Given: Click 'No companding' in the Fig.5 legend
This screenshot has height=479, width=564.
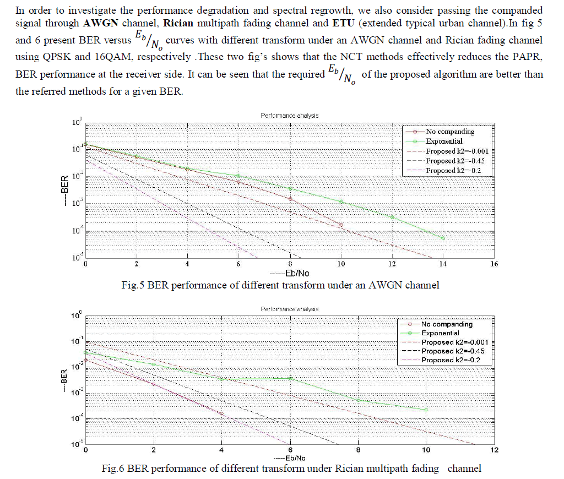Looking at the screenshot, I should [x=450, y=132].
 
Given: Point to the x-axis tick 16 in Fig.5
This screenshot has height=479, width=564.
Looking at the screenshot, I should [x=493, y=264].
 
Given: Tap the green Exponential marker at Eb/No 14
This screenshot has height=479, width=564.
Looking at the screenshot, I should [x=443, y=238].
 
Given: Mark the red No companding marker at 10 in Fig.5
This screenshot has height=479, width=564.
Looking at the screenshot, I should [x=341, y=225].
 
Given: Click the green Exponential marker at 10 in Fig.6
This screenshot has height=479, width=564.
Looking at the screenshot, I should [x=426, y=410].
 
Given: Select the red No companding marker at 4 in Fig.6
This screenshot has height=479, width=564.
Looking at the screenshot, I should [x=221, y=413].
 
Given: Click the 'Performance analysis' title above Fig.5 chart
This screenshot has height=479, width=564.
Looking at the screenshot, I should [x=289, y=116].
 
